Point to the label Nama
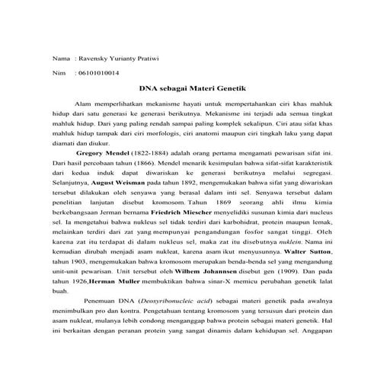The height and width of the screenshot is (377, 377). pos(59,59)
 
